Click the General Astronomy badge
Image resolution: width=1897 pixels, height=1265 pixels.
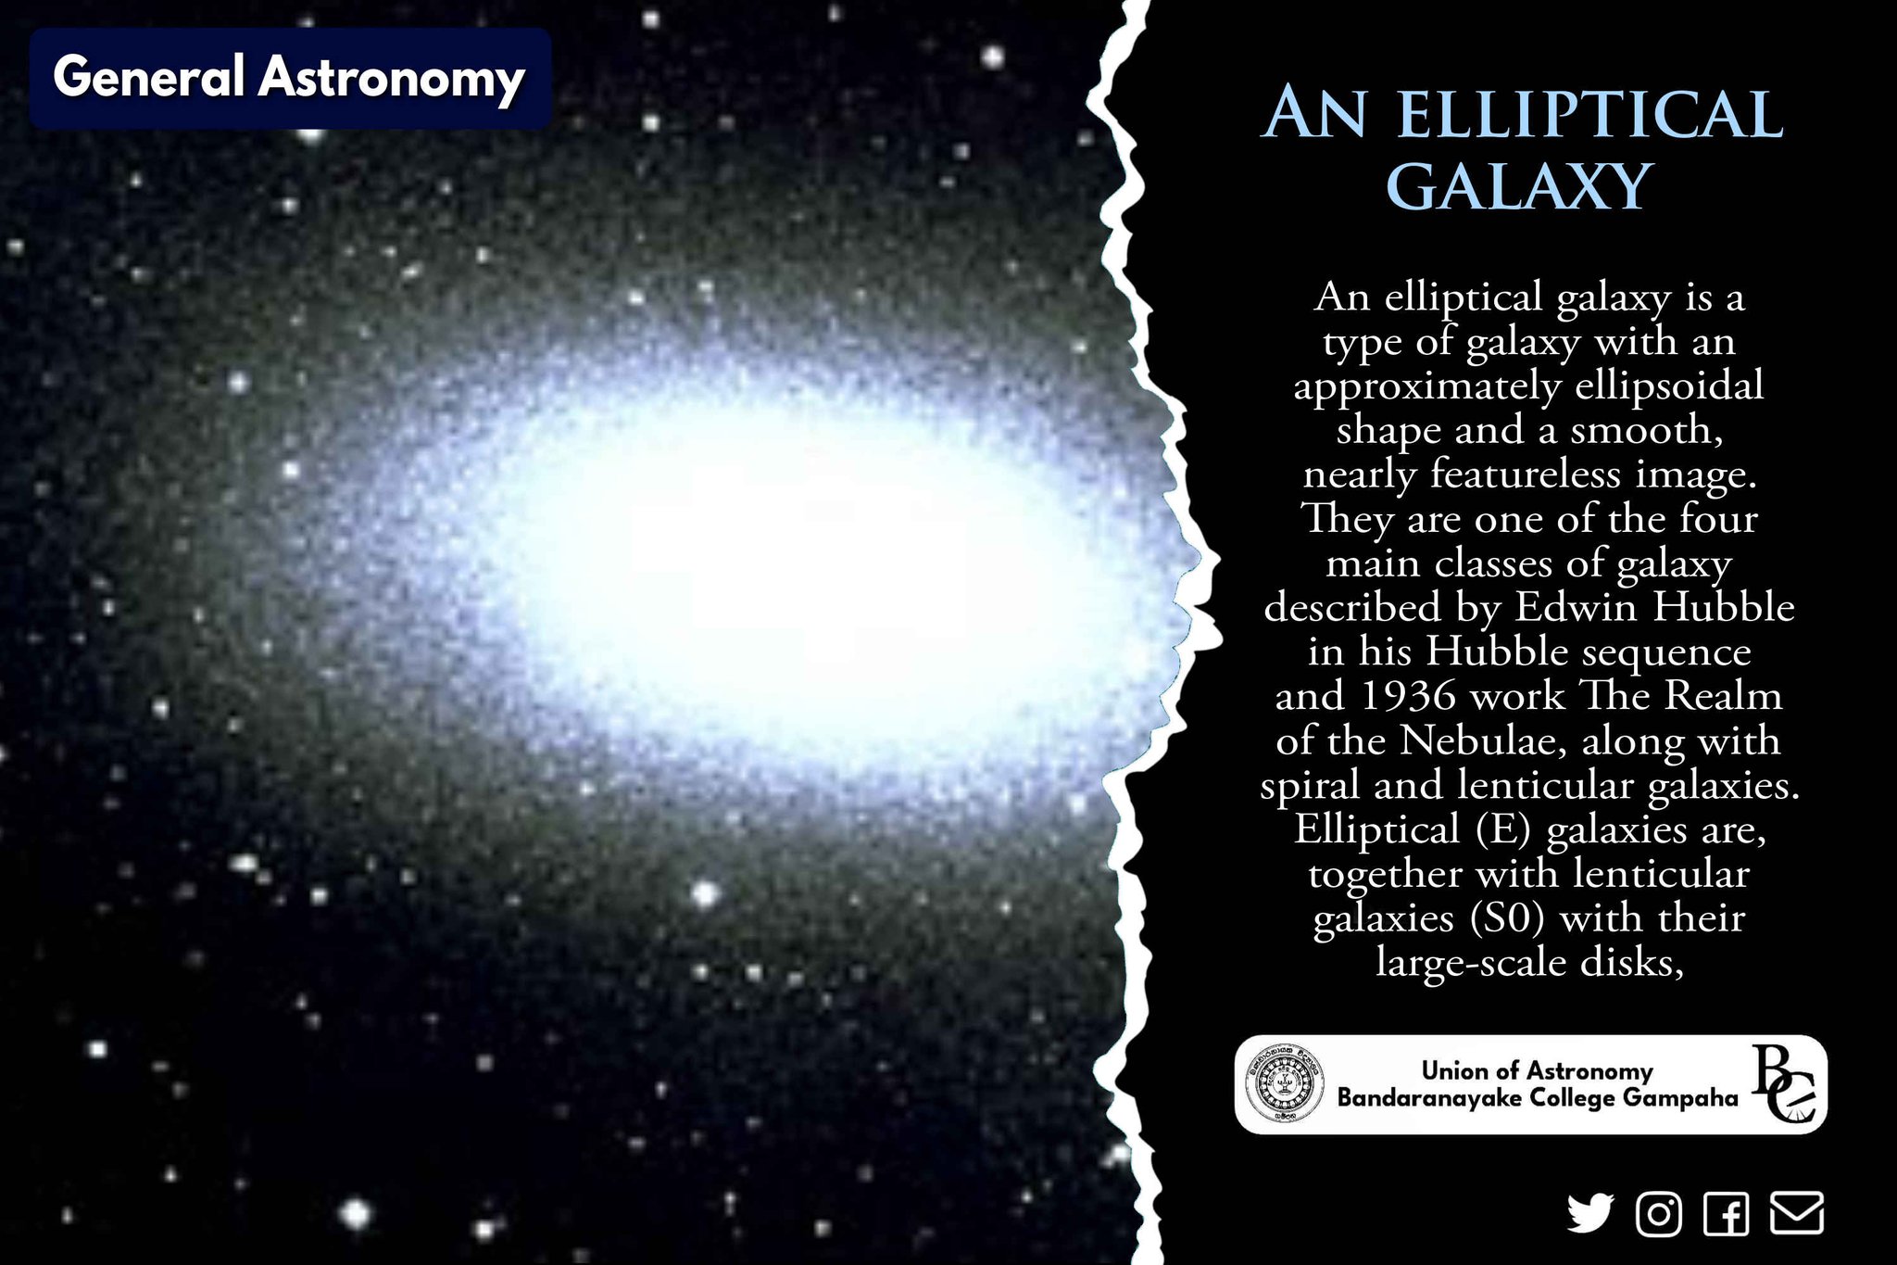coord(290,78)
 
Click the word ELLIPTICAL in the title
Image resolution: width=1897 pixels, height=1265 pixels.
coord(1589,115)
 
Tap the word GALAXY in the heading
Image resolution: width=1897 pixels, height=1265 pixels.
coord(1519,186)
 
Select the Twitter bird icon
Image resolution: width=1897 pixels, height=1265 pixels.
coord(1589,1213)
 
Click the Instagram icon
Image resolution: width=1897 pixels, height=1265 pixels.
coord(1658,1213)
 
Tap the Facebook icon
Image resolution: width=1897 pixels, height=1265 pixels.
coord(1727,1213)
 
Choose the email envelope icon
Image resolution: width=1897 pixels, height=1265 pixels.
coord(1797,1213)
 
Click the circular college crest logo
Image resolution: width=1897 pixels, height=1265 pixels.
coord(1284,1083)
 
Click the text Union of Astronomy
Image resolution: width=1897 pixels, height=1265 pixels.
coord(1537,1070)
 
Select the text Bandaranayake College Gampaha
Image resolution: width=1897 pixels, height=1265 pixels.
coord(1537,1098)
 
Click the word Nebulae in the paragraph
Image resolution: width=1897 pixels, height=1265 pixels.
coord(1484,740)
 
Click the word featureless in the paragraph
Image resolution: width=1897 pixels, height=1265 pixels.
coord(1526,474)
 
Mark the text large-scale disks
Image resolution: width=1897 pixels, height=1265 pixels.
coord(1528,963)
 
